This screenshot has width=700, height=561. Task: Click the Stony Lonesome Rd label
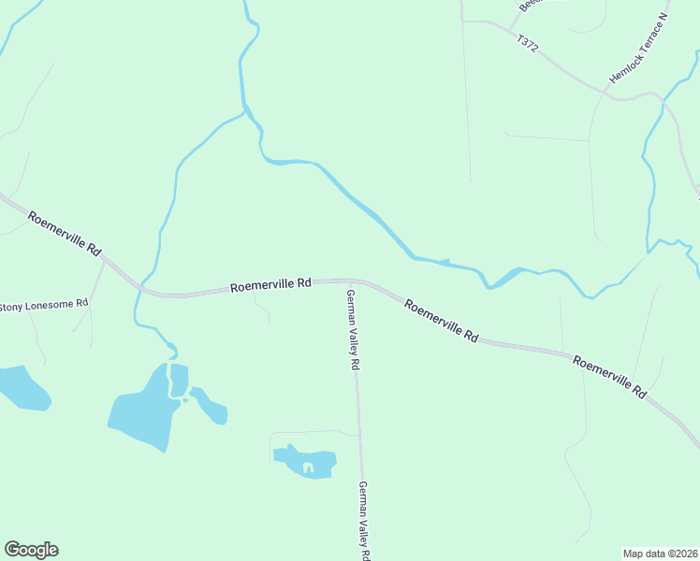click(44, 305)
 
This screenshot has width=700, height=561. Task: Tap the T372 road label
click(528, 45)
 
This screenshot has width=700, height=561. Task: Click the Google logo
click(31, 550)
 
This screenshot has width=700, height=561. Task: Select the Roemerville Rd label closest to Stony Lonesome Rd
click(64, 234)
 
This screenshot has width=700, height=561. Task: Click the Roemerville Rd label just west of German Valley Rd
click(270, 285)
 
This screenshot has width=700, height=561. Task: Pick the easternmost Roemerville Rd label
click(609, 378)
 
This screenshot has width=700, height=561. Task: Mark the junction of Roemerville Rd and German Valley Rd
click(351, 280)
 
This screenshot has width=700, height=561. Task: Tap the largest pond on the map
click(143, 410)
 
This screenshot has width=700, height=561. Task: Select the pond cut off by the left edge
click(21, 387)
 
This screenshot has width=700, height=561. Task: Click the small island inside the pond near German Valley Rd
click(307, 465)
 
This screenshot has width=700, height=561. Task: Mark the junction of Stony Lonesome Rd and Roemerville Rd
click(103, 261)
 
